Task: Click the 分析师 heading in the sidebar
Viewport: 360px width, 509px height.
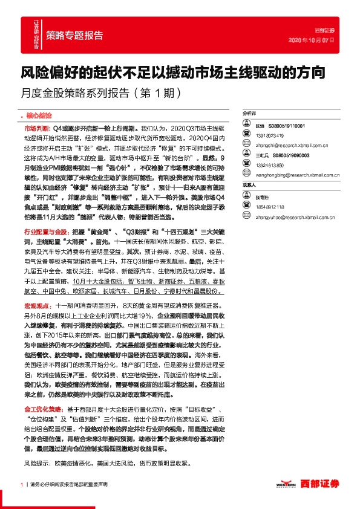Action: point(250,113)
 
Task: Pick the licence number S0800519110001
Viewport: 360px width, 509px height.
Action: point(289,125)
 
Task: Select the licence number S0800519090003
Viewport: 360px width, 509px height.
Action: point(289,155)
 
